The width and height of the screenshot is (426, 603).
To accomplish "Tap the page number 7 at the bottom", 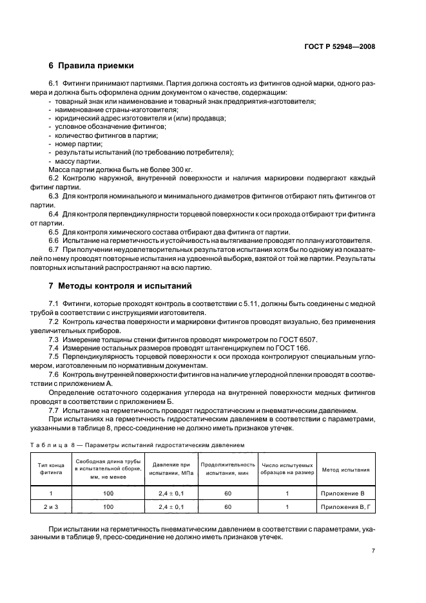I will pyautogui.click(x=373, y=551).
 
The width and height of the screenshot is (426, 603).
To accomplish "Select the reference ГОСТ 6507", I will pyautogui.click(x=300, y=340).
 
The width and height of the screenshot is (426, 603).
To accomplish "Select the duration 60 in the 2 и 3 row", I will pyautogui.click(x=228, y=507).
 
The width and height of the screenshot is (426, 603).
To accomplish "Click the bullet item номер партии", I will pyautogui.click(x=75, y=144).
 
